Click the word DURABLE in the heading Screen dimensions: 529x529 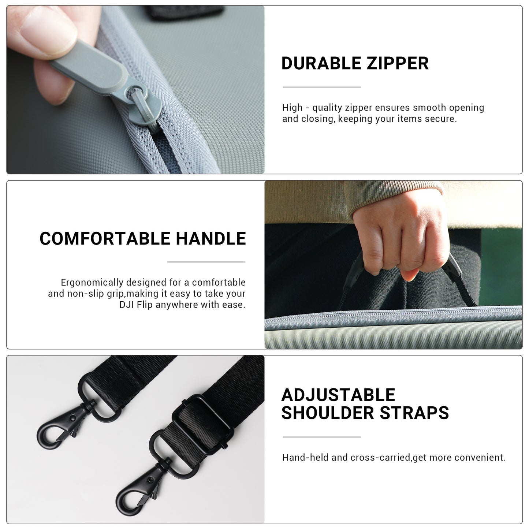pyautogui.click(x=321, y=63)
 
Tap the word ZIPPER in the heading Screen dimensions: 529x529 pyautogui.click(x=398, y=63)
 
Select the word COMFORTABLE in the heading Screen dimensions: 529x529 pyautogui.click(x=105, y=238)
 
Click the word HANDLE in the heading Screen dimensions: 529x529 pyautogui.click(x=211, y=238)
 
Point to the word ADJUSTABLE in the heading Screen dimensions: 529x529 pyautogui.click(x=338, y=395)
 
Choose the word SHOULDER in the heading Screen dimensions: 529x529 pyautogui.click(x=328, y=413)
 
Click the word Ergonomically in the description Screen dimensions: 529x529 pyautogui.click(x=92, y=283)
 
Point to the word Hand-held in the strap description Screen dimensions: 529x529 pyautogui.click(x=305, y=457)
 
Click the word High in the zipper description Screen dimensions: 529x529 pyautogui.click(x=292, y=108)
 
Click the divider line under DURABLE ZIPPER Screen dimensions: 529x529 pyautogui.click(x=322, y=87)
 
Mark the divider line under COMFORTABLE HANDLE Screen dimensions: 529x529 pyautogui.click(x=206, y=262)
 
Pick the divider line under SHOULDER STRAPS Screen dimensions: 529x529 pyautogui.click(x=322, y=437)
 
